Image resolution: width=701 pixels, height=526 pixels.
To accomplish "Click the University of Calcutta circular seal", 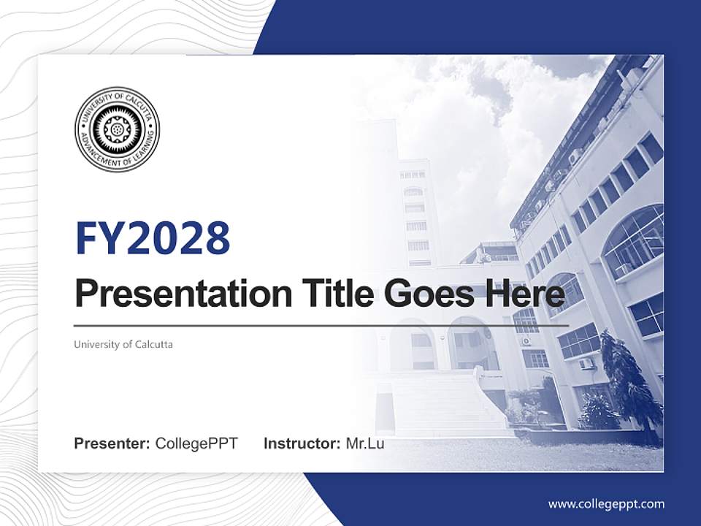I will click(x=117, y=129).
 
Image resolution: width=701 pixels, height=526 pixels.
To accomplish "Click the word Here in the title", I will click(x=524, y=294).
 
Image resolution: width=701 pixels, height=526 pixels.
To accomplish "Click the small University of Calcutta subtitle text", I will click(x=123, y=344).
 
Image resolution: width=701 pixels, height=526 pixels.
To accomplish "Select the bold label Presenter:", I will click(x=112, y=443).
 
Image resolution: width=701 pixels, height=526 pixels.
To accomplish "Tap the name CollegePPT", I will click(x=196, y=443).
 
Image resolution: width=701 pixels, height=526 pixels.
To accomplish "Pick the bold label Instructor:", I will click(x=302, y=443).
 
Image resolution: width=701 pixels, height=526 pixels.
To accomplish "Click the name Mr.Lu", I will click(x=364, y=443).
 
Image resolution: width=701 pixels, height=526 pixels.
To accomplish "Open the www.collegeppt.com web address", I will click(x=606, y=503).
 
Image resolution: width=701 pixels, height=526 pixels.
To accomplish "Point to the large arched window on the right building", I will click(x=632, y=237).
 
